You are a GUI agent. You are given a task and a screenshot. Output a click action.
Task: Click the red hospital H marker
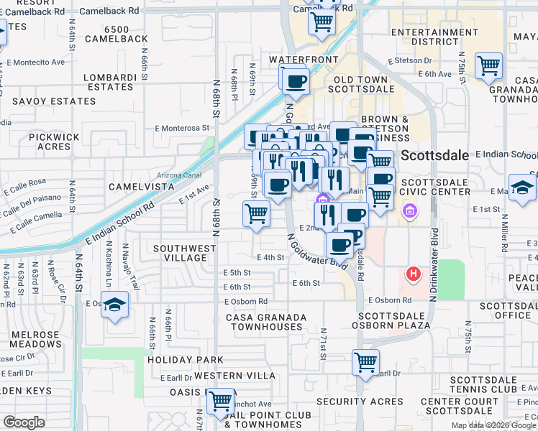pyautogui.click(x=413, y=274)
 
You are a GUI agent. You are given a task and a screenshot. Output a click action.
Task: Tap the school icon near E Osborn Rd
pyautogui.click(x=114, y=305)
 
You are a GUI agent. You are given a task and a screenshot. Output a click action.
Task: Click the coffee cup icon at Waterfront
pyautogui.click(x=295, y=81)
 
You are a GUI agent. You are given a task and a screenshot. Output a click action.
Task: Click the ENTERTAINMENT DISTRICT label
pyautogui.click(x=434, y=37)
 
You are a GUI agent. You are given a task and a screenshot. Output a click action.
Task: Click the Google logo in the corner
pyautogui.click(x=24, y=422)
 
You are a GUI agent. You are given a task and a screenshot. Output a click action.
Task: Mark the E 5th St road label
pyautogui.click(x=237, y=273)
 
